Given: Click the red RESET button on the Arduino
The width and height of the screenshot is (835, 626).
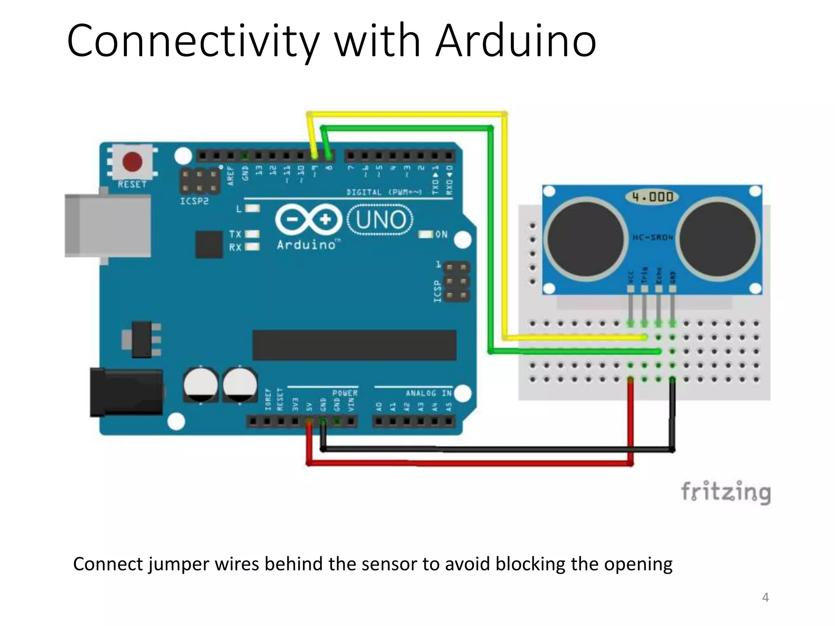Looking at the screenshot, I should click(132, 162).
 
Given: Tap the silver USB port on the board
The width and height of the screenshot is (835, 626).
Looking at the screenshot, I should click(108, 225).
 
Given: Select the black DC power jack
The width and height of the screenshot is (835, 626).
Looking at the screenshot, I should click(126, 392).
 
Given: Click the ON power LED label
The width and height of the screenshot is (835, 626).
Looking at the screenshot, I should click(441, 234).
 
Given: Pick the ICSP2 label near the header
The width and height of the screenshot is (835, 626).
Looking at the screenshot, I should click(194, 201).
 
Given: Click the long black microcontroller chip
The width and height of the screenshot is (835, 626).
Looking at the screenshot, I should click(354, 345).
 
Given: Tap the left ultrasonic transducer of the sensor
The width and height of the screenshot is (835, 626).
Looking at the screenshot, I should click(585, 238).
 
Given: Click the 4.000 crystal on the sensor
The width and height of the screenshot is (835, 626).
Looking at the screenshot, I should click(652, 197).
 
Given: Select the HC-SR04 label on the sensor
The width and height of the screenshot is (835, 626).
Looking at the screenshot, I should click(652, 237).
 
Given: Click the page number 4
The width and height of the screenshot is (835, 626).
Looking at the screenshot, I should click(765, 597).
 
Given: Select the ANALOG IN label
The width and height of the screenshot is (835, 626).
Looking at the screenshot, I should click(429, 393).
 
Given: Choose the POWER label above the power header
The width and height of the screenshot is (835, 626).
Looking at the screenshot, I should click(345, 393).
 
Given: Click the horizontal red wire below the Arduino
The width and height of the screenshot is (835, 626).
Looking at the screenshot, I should click(469, 463).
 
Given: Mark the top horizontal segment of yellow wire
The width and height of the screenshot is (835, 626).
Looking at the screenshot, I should click(408, 114).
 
